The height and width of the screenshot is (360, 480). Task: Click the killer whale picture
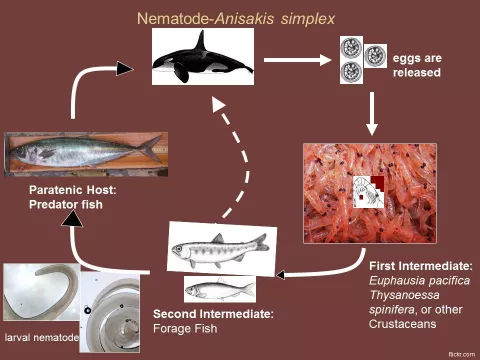201,57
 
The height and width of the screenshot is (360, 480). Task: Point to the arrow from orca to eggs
298,59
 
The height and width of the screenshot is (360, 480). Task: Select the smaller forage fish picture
219,289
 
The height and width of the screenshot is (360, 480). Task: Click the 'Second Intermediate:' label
213,314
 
